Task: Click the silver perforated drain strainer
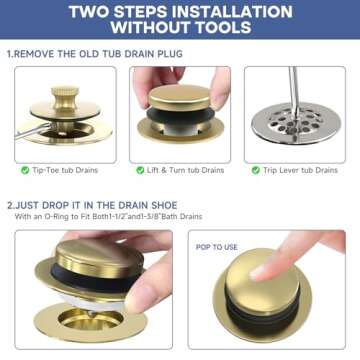[295, 128]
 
